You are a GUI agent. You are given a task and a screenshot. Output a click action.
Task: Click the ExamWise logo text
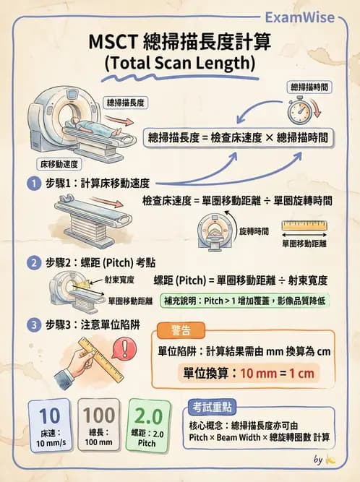pos(300,17)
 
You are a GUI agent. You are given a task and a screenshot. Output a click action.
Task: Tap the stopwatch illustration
pos(299,110)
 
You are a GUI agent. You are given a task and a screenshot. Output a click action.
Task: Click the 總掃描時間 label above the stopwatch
pos(309,87)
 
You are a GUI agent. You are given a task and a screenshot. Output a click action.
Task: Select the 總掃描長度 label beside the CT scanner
pos(126,103)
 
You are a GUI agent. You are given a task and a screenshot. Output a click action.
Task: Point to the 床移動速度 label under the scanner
pos(59,164)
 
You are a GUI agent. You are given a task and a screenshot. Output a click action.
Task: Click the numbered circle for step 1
pos(34,184)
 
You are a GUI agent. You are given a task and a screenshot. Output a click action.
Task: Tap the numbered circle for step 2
pos(34,263)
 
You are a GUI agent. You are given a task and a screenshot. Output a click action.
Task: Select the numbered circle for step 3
pos(34,325)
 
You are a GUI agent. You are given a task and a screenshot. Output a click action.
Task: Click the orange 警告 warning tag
pos(181,330)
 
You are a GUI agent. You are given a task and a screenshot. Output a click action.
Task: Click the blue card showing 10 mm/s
pos(50,426)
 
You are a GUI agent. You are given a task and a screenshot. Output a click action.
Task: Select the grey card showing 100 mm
pos(99,425)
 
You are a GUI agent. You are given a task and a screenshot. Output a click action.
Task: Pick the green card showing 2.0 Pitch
pos(148,426)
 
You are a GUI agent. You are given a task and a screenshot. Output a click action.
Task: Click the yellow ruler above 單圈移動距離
pos(304,225)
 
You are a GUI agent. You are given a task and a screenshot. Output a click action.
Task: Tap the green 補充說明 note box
pos(245,301)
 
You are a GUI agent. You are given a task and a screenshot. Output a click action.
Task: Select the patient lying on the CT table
pos(95,126)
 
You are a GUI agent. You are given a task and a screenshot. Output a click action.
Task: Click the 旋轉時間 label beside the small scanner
pos(254,231)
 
